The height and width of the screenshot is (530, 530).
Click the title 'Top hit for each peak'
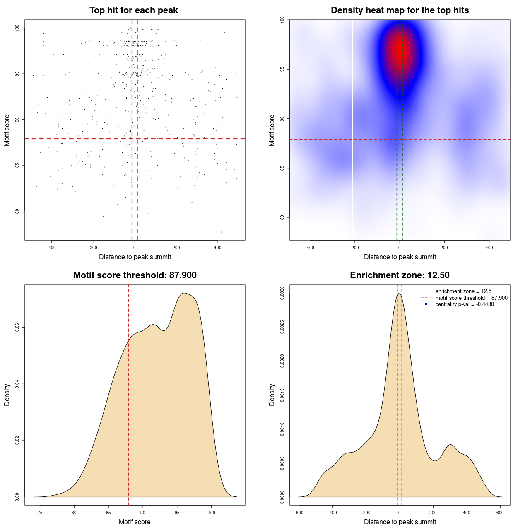pyautogui.click(x=133, y=10)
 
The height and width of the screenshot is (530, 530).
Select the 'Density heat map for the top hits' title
pyautogui.click(x=400, y=10)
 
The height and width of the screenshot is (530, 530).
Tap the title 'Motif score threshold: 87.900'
pyautogui.click(x=135, y=275)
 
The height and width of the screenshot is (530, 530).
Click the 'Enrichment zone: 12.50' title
pyautogui.click(x=400, y=275)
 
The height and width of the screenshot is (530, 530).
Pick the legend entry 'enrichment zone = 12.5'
pyautogui.click(x=463, y=291)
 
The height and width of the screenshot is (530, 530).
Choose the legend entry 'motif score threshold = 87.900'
pyautogui.click(x=471, y=298)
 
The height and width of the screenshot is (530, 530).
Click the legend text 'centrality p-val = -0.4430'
pyautogui.click(x=465, y=304)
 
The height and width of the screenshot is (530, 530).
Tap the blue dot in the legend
pyautogui.click(x=426, y=304)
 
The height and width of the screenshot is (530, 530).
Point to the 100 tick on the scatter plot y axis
pyautogui.click(x=17, y=28)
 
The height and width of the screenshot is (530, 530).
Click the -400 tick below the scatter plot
pyautogui.click(x=51, y=248)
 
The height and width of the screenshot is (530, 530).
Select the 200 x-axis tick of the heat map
pyautogui.click(x=444, y=248)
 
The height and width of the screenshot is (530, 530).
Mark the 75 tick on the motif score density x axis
pyautogui.click(x=40, y=513)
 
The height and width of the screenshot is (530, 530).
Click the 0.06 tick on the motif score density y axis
pyautogui.click(x=17, y=328)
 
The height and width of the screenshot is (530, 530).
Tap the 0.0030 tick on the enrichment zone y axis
pyautogui.click(x=282, y=293)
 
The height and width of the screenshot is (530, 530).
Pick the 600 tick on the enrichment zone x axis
pyautogui.click(x=500, y=513)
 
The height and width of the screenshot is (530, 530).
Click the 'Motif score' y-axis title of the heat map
pyautogui.click(x=272, y=130)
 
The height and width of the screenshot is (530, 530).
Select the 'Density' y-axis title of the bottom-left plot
pyautogui.click(x=7, y=395)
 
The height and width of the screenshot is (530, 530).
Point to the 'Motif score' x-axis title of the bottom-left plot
pyautogui.click(x=135, y=522)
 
